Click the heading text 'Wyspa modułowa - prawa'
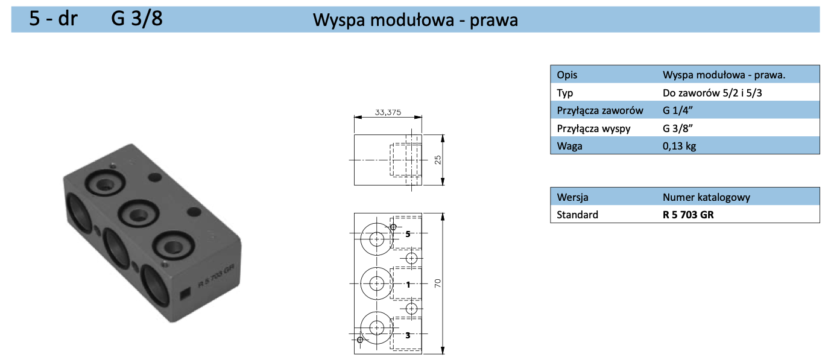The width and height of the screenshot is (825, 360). [x=415, y=20]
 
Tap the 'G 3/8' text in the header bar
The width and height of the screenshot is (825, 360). [x=137, y=19]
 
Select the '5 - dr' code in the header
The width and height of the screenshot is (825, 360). [x=53, y=19]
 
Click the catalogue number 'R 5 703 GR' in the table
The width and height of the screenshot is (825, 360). [x=687, y=215]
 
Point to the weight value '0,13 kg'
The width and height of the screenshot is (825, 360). [x=679, y=146]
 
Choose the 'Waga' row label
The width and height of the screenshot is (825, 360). [x=569, y=146]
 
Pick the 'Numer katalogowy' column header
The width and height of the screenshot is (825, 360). [x=706, y=197]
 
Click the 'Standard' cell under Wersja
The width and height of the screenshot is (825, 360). [x=577, y=215]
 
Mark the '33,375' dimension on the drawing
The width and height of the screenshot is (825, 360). [x=388, y=112]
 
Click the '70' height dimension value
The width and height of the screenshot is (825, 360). [x=438, y=283]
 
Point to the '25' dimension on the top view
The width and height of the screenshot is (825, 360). [x=438, y=159]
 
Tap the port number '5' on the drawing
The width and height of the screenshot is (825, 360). [x=408, y=233]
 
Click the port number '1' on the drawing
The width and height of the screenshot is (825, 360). [x=408, y=284]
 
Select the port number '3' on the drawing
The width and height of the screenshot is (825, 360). [x=408, y=335]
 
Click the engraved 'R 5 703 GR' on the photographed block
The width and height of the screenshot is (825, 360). [x=217, y=277]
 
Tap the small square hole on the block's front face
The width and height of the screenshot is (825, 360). [x=185, y=294]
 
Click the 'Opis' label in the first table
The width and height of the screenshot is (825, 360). [x=567, y=75]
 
